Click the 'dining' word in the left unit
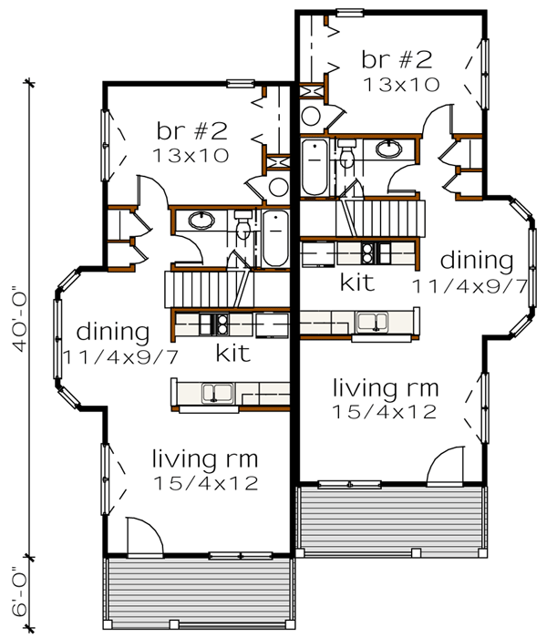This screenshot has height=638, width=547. pos(112,330)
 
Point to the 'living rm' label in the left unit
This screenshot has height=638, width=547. pos(203,458)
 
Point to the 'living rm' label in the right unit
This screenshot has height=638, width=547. pos(385,387)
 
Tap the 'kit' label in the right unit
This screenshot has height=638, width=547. pos(356,282)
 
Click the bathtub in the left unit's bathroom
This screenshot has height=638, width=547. pos(274,238)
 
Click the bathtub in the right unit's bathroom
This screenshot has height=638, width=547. pos(314,167)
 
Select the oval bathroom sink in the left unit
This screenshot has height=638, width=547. pos(201,220)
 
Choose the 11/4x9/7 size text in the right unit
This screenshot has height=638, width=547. pos(469,285)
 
